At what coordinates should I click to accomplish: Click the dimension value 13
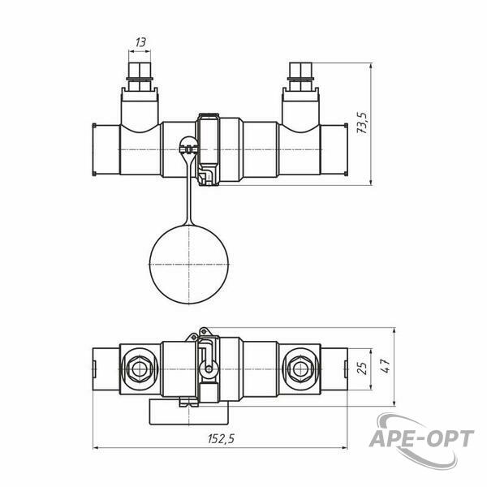(x=140, y=42)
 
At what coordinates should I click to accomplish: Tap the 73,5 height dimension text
(x=363, y=123)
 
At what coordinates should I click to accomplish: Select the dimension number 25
(x=362, y=368)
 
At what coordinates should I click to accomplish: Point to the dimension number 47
(x=385, y=367)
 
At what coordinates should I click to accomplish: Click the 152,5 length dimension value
(x=221, y=439)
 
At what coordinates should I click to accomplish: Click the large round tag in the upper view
(x=189, y=265)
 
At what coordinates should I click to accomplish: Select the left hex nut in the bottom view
(x=139, y=369)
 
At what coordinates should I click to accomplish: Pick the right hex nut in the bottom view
(x=300, y=369)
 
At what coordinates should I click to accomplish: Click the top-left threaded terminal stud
(x=140, y=77)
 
